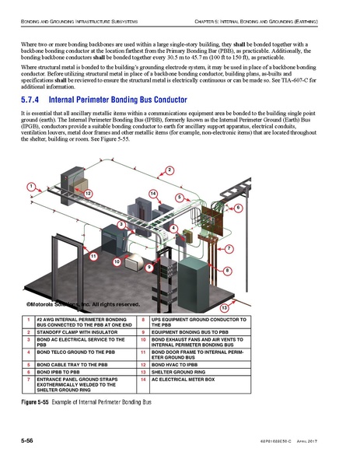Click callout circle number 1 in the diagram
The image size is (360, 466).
[30, 187]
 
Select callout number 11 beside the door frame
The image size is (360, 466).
[93, 257]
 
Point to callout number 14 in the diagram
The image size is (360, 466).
[153, 192]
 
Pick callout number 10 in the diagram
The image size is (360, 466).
[117, 262]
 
